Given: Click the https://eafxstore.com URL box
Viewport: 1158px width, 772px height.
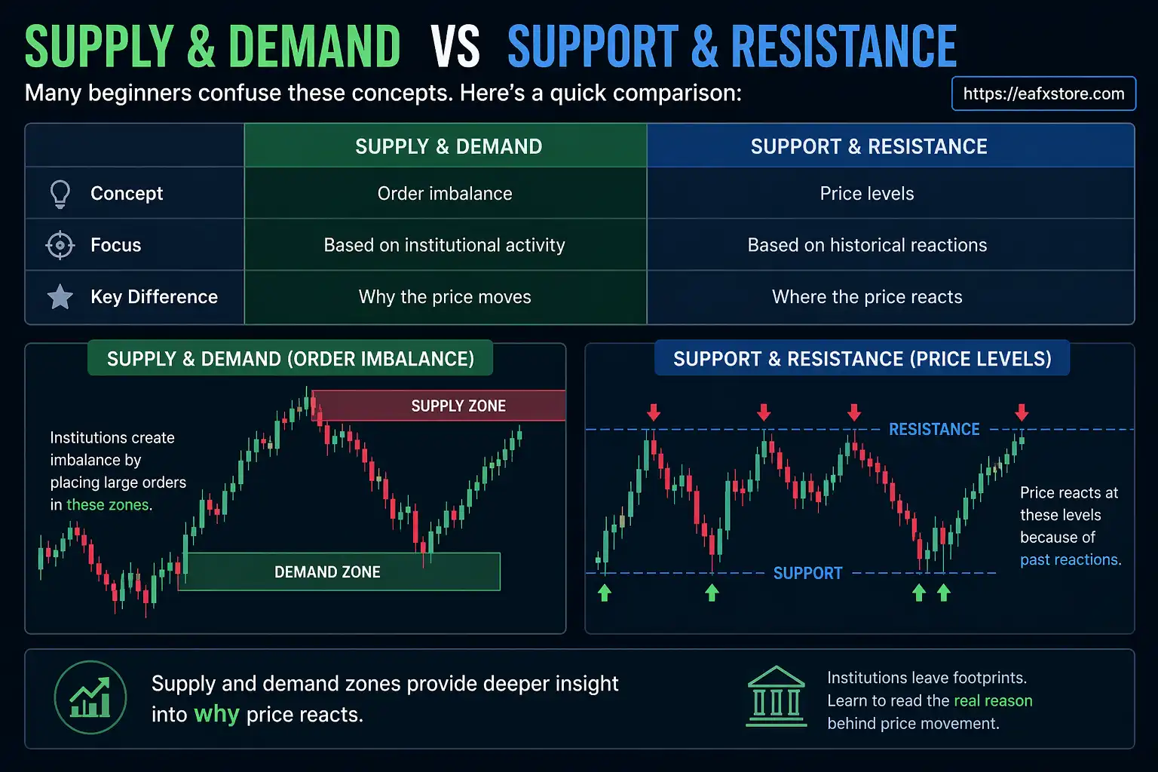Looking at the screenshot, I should click(1043, 93).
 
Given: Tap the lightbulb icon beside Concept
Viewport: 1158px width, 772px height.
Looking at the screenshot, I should click(60, 194).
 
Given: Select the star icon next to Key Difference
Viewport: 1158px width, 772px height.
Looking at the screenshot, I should click(60, 297).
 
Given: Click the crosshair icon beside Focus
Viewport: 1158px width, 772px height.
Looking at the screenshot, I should click(60, 246).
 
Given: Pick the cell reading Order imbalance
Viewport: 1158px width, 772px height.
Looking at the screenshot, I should click(445, 194).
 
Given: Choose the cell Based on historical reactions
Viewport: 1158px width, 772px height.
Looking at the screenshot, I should click(867, 245).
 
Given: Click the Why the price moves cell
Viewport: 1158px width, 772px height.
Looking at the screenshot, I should click(445, 297).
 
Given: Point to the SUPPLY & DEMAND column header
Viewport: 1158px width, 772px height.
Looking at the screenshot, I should click(449, 146).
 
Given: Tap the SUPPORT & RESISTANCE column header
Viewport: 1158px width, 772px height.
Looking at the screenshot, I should click(868, 146).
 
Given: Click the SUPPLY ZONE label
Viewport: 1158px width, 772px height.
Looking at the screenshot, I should click(458, 406).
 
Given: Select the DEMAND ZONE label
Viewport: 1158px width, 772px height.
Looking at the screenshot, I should click(327, 572).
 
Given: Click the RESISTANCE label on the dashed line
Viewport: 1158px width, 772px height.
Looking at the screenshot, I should click(934, 429).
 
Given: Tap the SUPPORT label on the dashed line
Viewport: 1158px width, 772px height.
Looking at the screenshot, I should click(807, 573).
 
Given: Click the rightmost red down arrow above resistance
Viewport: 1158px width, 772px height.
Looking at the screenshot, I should click(1022, 412).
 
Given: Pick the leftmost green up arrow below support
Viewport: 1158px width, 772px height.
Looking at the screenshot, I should click(604, 593).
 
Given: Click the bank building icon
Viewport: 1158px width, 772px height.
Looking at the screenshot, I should click(777, 697).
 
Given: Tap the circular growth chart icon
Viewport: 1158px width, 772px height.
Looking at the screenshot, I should click(90, 697).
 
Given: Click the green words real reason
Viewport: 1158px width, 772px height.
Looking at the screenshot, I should click(993, 700).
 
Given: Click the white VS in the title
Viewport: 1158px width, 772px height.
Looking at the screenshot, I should click(455, 47).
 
